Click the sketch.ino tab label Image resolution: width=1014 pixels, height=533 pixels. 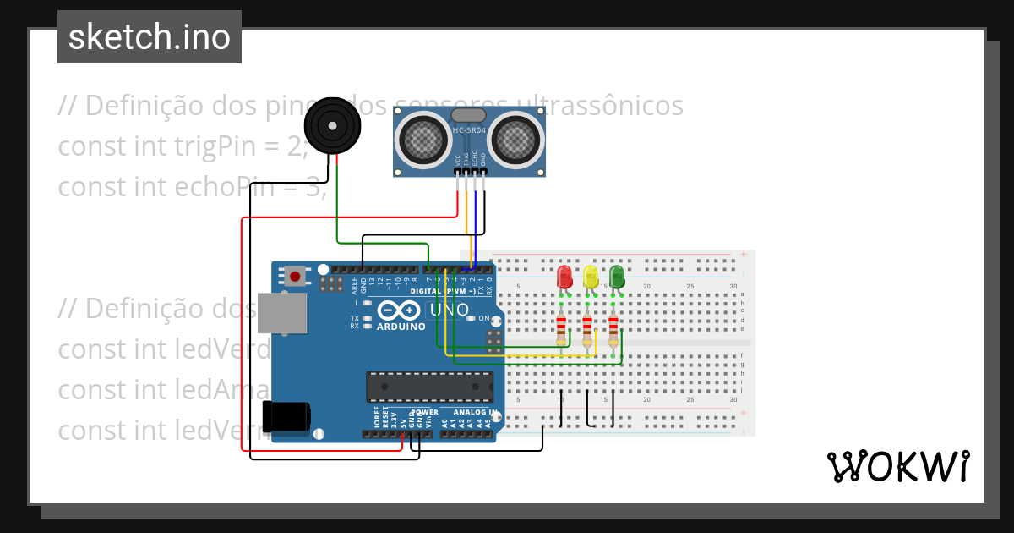tap(150, 37)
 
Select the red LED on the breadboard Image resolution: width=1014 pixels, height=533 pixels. tap(564, 277)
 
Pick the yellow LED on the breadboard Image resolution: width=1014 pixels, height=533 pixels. tap(591, 277)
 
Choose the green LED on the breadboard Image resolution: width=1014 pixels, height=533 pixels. tap(617, 277)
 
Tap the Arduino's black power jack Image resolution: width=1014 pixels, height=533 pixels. tap(286, 417)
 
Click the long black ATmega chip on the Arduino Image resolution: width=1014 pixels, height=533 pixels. tap(429, 386)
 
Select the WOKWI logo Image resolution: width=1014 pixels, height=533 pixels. tap(897, 466)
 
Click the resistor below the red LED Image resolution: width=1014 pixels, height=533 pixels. tap(562, 327)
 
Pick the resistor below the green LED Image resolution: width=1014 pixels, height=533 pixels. tap(613, 327)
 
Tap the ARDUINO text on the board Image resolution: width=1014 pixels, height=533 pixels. tap(401, 327)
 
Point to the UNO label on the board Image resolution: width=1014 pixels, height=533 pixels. tap(450, 310)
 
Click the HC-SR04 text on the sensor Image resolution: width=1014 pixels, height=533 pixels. tap(470, 130)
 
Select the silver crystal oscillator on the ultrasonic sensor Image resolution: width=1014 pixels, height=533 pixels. tap(469, 114)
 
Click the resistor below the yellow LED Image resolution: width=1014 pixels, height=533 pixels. tap(587, 327)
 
